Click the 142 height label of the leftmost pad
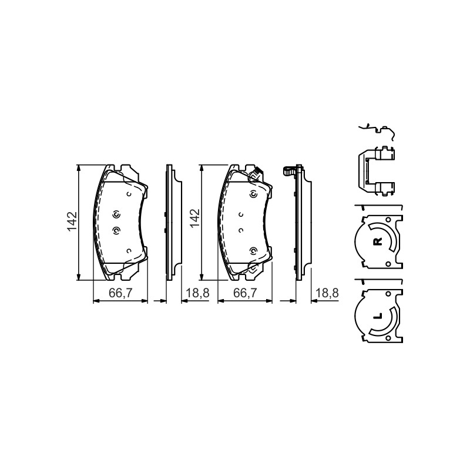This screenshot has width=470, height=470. [x=72, y=222]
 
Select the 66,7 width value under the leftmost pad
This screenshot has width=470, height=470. [x=120, y=293]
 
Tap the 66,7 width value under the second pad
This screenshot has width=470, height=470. [x=245, y=293]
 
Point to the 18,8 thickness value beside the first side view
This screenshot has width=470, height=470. [x=198, y=293]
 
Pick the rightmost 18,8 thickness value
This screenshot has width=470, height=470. [x=327, y=293]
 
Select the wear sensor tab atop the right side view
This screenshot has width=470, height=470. [x=289, y=171]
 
